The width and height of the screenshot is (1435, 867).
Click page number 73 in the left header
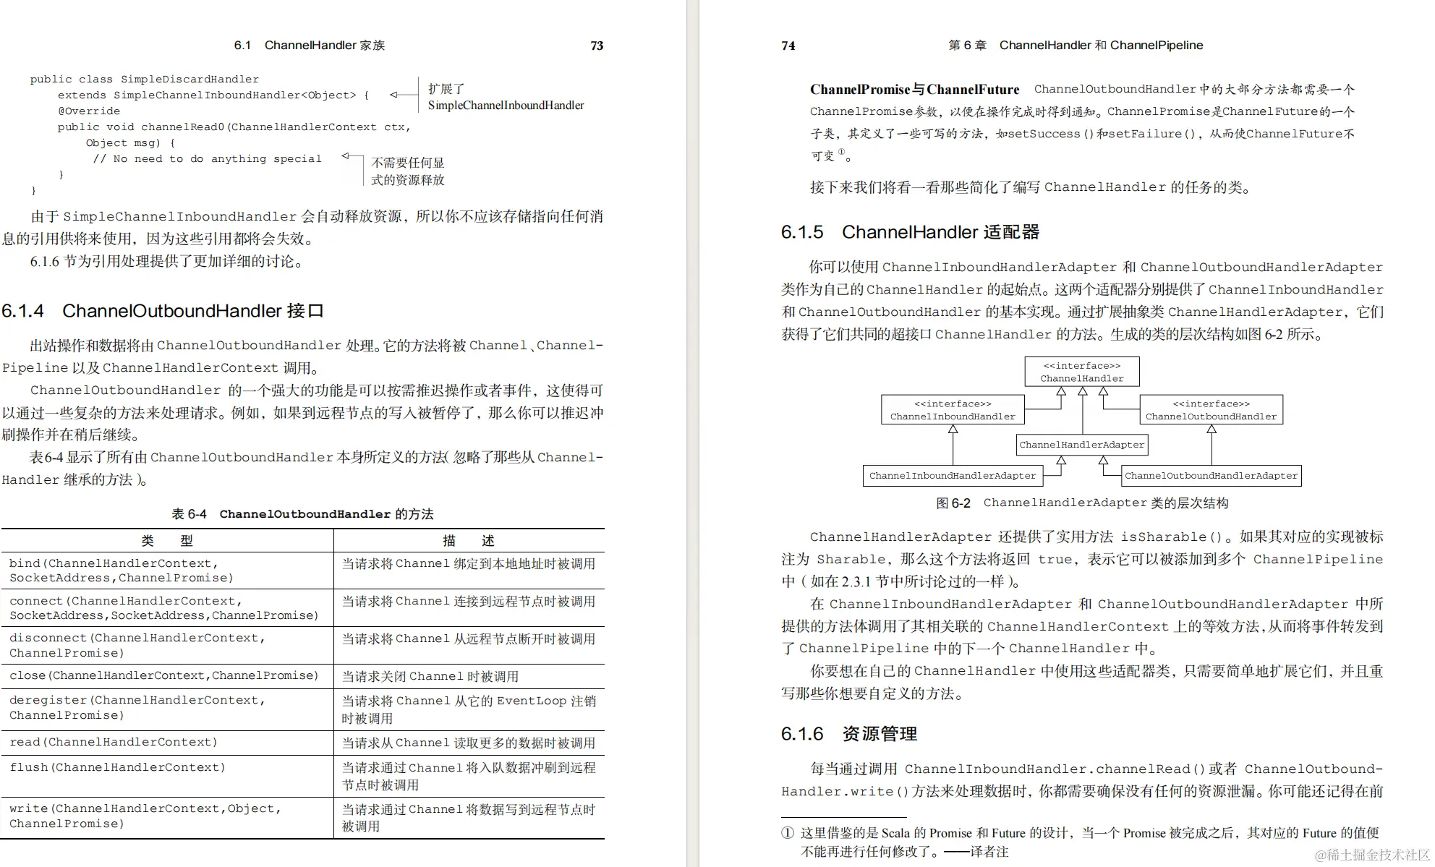597,46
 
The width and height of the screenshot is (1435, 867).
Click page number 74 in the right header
788,46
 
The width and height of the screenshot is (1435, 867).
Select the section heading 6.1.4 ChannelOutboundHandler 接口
163,311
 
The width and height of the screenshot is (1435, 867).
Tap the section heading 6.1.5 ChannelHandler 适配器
910,232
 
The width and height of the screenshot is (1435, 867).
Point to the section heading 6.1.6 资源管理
849,734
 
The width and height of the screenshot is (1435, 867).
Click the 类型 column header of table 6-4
167,541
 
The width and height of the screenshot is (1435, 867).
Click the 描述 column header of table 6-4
468,541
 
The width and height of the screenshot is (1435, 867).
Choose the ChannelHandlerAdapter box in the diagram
1081,445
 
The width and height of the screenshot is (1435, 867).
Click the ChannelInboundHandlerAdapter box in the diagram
953,476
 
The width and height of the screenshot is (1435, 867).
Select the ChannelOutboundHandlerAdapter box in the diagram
1211,476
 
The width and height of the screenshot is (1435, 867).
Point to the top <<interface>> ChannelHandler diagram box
1081,372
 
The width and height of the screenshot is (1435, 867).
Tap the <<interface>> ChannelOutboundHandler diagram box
1211,410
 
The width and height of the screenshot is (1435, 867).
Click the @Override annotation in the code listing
89,111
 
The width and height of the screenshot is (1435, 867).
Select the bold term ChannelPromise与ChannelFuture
914,90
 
